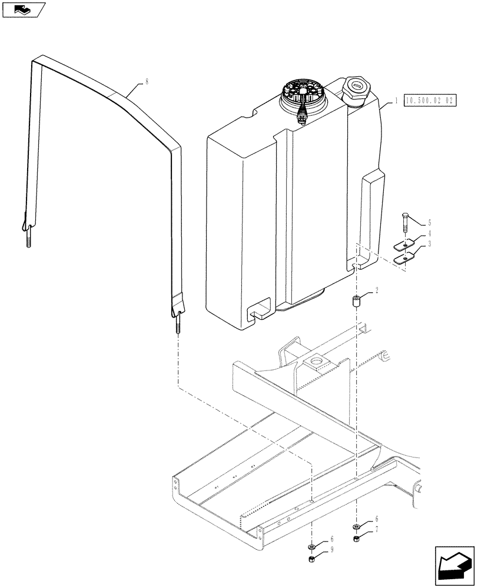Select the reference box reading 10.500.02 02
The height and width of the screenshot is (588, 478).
430,101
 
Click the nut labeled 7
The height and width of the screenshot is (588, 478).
357,538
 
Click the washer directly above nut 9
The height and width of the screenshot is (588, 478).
313,547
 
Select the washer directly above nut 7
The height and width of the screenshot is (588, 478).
357,527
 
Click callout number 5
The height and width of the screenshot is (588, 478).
430,223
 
